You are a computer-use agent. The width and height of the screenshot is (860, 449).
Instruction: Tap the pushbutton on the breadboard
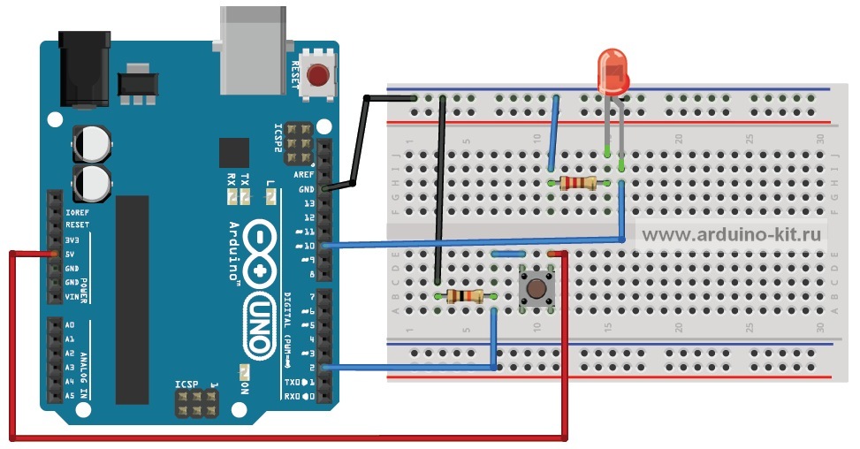coord(536,288)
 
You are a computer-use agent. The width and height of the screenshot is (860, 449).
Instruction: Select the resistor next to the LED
coord(578,183)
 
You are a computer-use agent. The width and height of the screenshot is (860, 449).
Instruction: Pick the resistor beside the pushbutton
coord(464,296)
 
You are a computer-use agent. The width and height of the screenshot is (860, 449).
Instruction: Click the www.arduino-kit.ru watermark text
coord(732,234)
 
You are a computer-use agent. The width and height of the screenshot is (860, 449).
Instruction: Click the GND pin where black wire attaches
coord(326,188)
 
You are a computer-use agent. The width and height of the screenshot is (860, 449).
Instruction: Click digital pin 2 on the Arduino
coord(326,367)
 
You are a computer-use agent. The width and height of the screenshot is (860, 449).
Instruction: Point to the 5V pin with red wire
coord(54,254)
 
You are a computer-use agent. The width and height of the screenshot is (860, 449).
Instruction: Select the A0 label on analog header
coord(70,325)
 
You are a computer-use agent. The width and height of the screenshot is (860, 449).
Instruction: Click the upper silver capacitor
coord(92,141)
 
